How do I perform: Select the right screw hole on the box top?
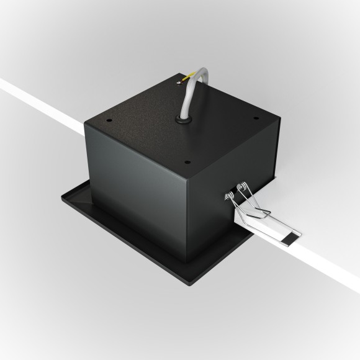(253, 121)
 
